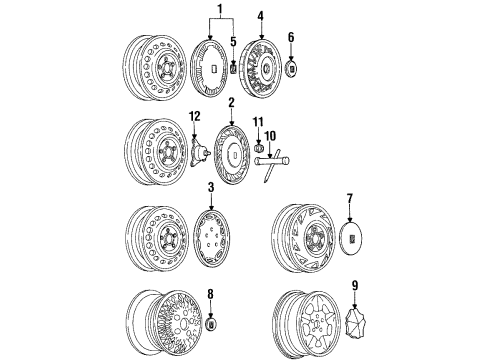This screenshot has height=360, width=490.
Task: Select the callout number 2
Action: tap(230, 102)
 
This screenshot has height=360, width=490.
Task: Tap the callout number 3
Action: tap(211, 187)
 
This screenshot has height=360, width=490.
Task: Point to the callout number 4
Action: tap(260, 16)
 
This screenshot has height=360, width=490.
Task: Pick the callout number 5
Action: tap(233, 42)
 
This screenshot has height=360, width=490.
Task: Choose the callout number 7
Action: tap(350, 199)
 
